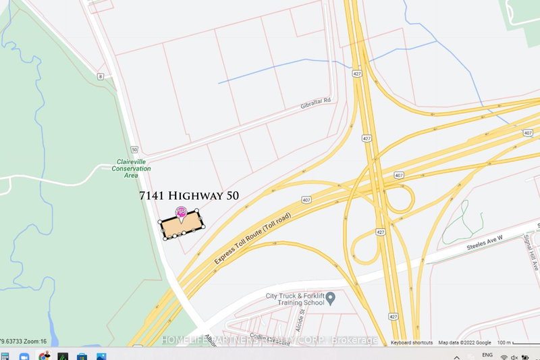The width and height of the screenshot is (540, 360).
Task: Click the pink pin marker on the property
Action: [181, 212]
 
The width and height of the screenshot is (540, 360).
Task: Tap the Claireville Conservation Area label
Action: [131, 168]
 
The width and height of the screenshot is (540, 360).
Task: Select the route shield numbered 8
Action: [100, 76]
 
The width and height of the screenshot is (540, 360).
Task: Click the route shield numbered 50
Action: [134, 149]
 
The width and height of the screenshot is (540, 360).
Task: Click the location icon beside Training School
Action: [331, 297]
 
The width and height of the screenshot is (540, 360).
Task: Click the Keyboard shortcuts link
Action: [412, 343]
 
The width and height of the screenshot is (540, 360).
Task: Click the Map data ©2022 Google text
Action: [465, 343]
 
